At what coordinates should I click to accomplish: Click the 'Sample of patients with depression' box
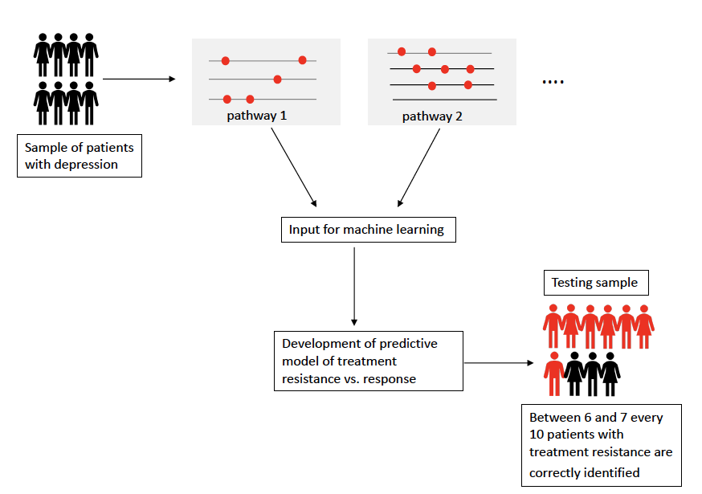coord(80,156)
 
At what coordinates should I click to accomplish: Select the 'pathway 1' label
coord(256,116)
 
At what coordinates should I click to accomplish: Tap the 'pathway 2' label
coord(432,116)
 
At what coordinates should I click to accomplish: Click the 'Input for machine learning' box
coord(365,230)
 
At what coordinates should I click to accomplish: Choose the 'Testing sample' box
coord(595,283)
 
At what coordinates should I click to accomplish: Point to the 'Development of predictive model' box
coord(369,361)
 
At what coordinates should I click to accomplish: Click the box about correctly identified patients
coord(601,445)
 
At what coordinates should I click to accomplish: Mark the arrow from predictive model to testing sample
coord(499,363)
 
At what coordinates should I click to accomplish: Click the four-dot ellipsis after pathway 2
coord(553,82)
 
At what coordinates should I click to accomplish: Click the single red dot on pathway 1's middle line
coord(277,79)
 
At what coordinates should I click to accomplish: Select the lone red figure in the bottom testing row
coord(553,374)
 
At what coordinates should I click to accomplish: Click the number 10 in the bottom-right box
coord(538,435)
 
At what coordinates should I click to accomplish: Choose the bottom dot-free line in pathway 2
coord(444,100)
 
